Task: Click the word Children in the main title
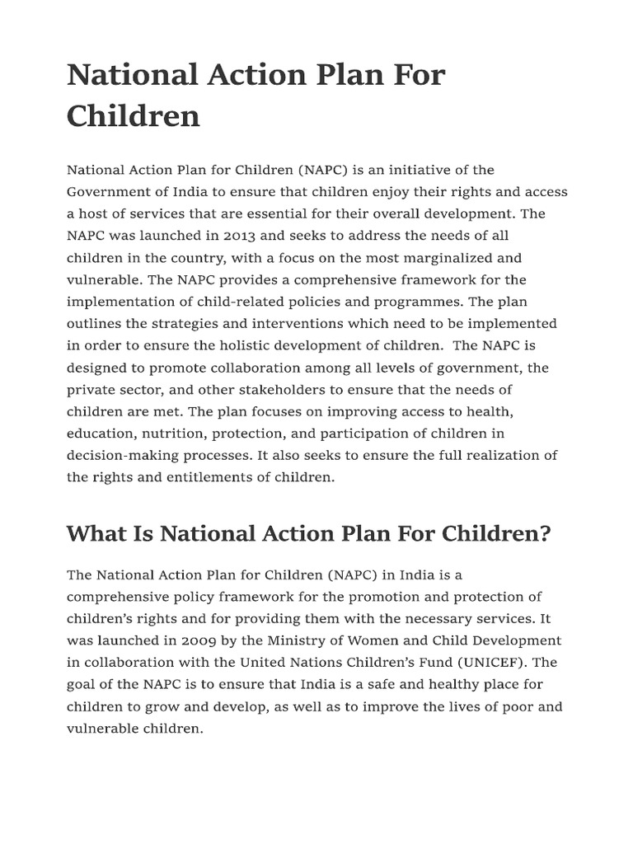[133, 115]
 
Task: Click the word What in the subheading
[93, 534]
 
